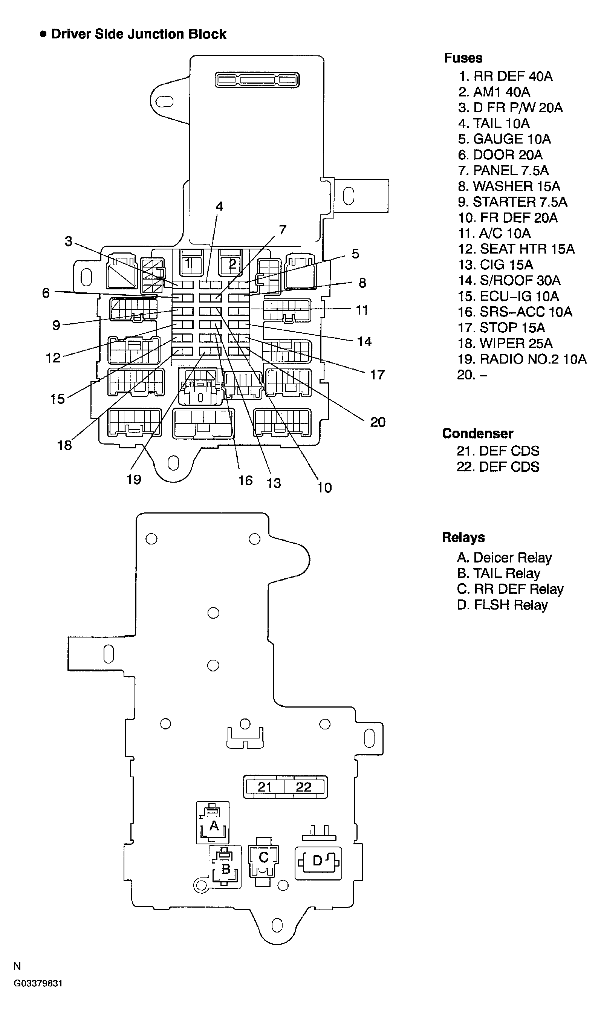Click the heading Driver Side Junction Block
coord(138,34)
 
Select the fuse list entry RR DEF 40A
coord(505,76)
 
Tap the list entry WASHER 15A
coord(509,186)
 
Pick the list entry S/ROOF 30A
coord(509,280)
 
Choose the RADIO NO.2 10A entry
coord(521,359)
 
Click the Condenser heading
coord(477,433)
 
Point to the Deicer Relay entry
coord(504,558)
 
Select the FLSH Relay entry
coord(502,605)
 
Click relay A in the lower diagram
coord(213,825)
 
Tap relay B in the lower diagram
coord(226,868)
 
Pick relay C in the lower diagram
coord(263,858)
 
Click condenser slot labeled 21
coord(265,787)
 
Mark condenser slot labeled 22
coord(304,787)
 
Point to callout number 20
coord(378,422)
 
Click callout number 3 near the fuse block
coord(69,241)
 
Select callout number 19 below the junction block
coord(134,480)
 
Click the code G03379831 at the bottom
coord(38,983)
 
